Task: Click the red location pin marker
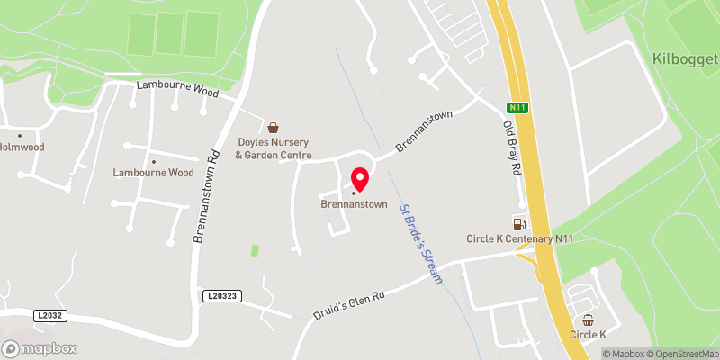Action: pos(359,178)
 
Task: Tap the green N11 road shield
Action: pos(516,108)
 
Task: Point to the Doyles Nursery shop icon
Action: pos(274,127)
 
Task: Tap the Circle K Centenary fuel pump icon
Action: pos(517,222)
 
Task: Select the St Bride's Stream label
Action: pos(421,244)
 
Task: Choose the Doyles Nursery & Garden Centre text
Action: pos(274,148)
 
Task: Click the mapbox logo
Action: pos(40,348)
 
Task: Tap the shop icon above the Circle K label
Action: pos(589,319)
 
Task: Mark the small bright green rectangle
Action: pos(255,248)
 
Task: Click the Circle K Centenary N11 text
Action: pos(519,238)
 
